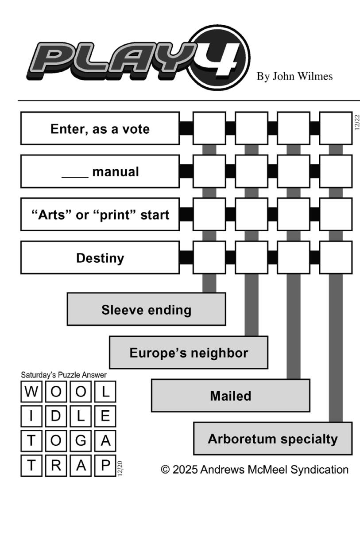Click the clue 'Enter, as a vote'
(x=100, y=128)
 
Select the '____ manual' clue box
(x=100, y=171)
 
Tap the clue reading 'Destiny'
(x=100, y=258)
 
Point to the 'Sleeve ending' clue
(x=146, y=309)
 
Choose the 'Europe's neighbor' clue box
(x=188, y=353)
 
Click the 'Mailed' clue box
(x=230, y=396)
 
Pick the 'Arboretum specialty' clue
(x=272, y=439)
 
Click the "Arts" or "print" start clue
(x=100, y=215)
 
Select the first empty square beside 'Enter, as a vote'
(x=209, y=128)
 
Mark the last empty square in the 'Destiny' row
(x=336, y=258)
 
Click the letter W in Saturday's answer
(x=31, y=392)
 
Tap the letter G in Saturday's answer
(x=81, y=441)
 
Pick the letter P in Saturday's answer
(x=105, y=465)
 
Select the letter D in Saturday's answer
(x=56, y=416)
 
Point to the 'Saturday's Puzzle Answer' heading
(x=64, y=375)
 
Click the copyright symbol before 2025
(x=165, y=470)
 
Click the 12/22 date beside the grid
(x=357, y=122)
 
